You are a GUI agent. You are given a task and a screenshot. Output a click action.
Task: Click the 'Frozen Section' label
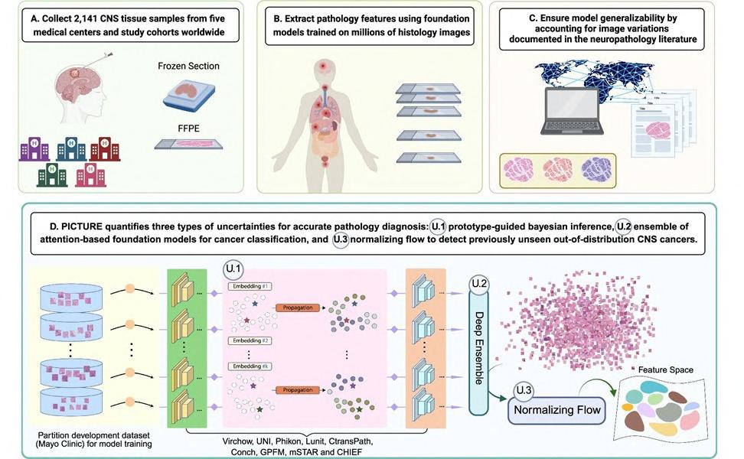188,67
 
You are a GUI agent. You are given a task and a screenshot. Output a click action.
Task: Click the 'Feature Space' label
662,370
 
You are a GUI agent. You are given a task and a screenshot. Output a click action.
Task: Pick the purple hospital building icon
34,148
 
